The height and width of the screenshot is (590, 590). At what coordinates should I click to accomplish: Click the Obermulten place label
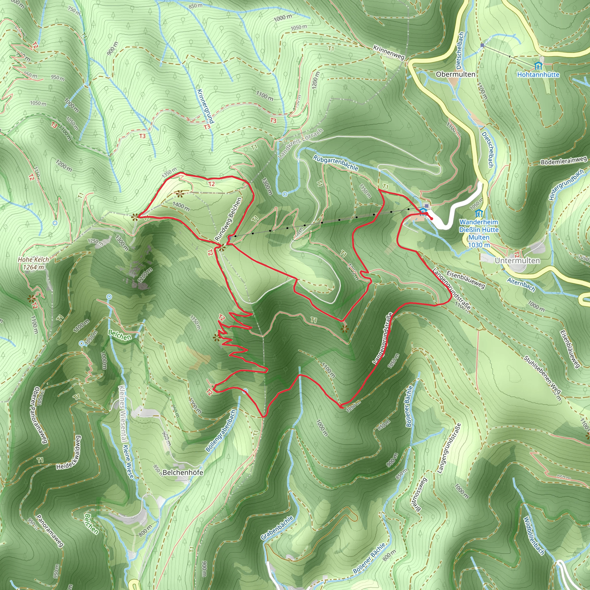(455, 74)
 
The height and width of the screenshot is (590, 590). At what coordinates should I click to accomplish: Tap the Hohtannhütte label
(538, 75)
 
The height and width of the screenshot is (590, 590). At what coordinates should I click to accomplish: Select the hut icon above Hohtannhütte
(538, 66)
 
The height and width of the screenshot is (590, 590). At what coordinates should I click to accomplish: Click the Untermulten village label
(517, 260)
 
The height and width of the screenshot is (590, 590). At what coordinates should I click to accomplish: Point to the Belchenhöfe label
(183, 472)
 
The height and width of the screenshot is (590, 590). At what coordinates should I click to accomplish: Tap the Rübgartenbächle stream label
(335, 162)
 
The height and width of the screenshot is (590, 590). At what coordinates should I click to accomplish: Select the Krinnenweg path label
(389, 52)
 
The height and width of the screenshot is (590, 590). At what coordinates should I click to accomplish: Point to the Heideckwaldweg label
(69, 452)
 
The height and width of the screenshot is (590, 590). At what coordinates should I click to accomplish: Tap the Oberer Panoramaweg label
(40, 415)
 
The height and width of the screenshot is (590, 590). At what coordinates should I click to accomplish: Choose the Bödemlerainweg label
(564, 161)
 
